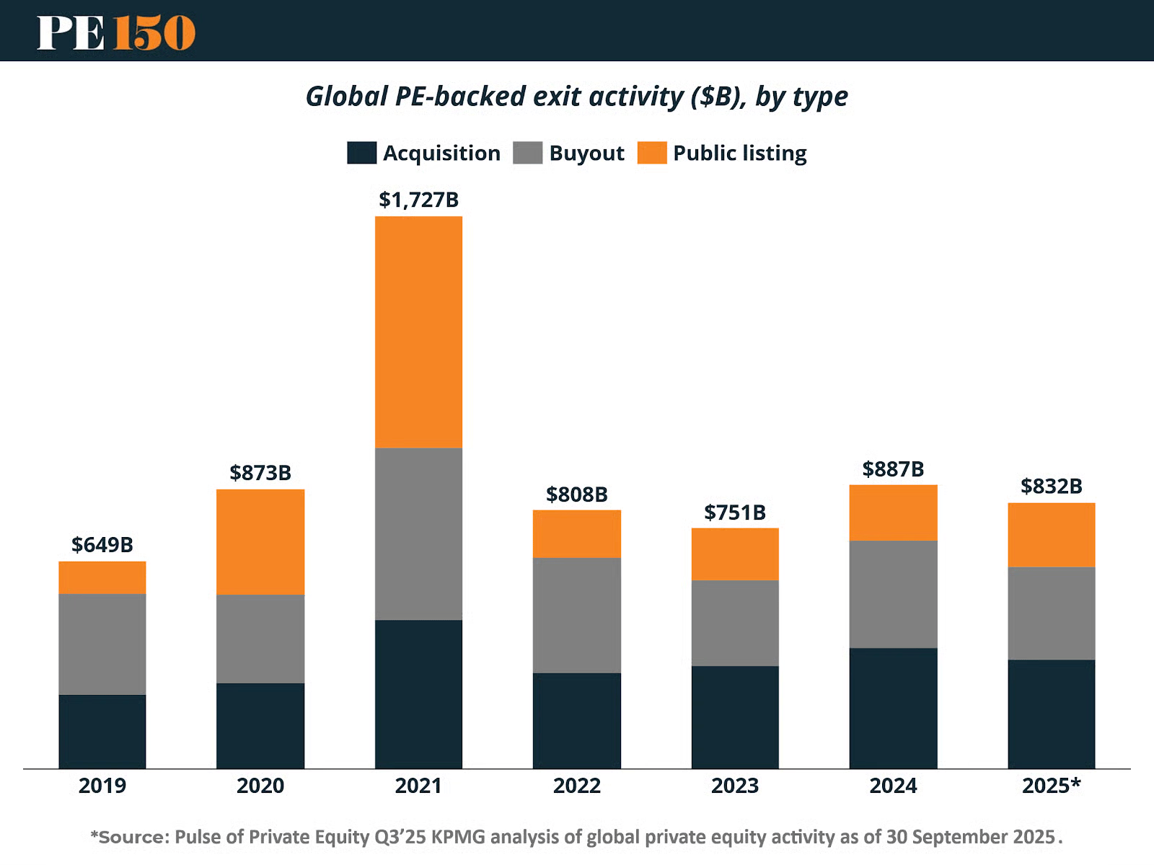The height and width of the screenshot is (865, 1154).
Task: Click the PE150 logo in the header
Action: coord(116,32)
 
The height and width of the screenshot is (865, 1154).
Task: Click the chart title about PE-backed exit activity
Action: coord(576,97)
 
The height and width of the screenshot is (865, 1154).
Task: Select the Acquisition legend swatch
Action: coord(361,153)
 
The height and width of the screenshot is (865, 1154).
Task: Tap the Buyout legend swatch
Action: coord(527,153)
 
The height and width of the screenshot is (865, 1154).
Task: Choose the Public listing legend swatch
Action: coord(651,153)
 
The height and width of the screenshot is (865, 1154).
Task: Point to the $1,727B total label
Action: coord(418,200)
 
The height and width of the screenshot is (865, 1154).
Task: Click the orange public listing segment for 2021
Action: coord(418,332)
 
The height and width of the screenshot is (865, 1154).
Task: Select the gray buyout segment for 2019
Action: coord(102,644)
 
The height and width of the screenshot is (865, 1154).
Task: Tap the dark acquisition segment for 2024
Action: coord(893,708)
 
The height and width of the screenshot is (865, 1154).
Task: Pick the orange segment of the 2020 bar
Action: coord(260,542)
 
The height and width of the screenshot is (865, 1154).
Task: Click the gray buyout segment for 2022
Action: coord(576,615)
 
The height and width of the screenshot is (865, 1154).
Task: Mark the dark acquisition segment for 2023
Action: coord(735,717)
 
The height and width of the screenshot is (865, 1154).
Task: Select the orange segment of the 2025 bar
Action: coord(1051,535)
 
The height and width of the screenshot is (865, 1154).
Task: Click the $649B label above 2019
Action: coord(102,545)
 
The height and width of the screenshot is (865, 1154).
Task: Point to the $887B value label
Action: coord(893,469)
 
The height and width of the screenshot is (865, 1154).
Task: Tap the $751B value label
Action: coord(735,513)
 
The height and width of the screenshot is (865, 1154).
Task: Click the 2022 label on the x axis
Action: coord(576,786)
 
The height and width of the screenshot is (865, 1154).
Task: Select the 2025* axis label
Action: coord(1051,786)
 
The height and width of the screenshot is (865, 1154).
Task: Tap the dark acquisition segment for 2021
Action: coord(418,693)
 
